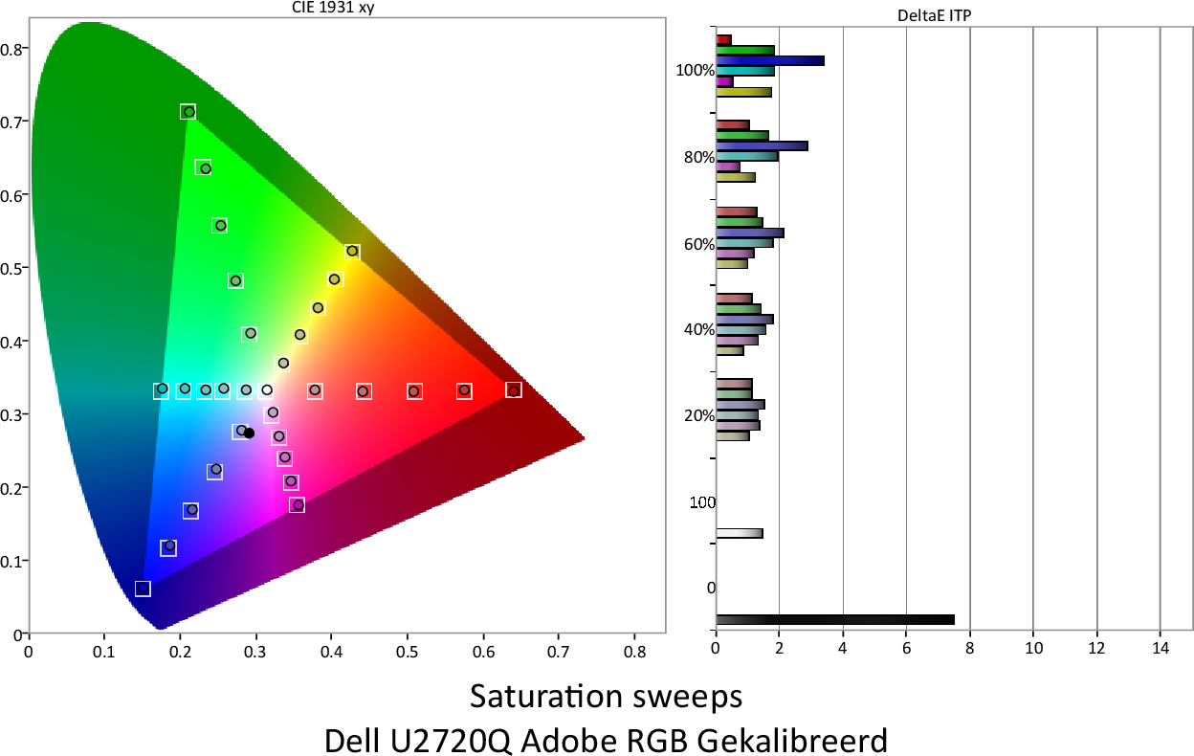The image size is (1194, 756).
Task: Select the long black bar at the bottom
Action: pos(834,619)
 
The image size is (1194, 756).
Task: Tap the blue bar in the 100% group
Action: pos(769,60)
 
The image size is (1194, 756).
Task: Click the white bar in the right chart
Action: pos(739,533)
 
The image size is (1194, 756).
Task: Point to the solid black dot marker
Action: pos(250,434)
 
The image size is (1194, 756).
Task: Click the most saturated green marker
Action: pos(188,112)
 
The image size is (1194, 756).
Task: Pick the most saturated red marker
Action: pos(514,390)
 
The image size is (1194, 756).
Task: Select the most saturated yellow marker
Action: pos(352,252)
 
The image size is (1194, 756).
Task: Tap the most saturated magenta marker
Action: pos(298,504)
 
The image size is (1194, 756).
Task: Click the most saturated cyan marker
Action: pos(162,389)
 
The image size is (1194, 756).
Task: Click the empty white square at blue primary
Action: pos(143,589)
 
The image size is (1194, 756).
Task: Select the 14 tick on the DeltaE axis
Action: pos(1160,647)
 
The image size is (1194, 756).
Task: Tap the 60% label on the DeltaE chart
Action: pos(699,244)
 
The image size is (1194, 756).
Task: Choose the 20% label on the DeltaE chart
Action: pos(699,416)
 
